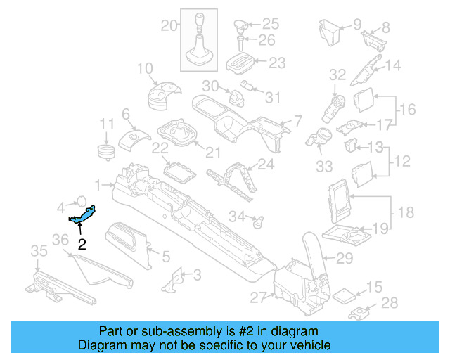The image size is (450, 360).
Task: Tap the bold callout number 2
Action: coord(82,245)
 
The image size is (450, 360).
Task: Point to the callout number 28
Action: coord(388,303)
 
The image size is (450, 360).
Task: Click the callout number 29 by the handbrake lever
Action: coord(344,258)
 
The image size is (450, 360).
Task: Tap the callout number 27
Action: coord(257,297)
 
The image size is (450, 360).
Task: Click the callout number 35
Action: coord(39,250)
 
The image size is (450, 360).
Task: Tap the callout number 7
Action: coord(297,120)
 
